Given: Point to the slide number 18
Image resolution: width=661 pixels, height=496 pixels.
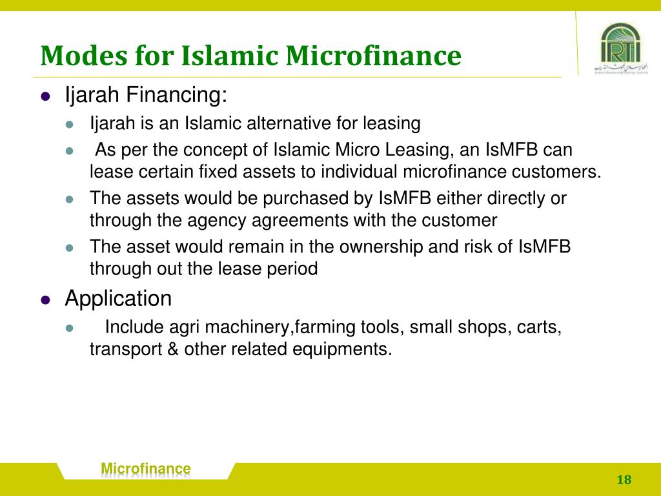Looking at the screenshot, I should (624, 479).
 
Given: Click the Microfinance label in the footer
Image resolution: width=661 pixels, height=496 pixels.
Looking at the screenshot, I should (147, 469).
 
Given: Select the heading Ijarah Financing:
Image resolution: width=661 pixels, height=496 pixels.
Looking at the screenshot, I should (147, 96).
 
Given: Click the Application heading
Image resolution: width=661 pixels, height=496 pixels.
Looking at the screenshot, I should (119, 298).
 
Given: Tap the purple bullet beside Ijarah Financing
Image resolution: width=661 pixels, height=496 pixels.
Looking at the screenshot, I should (45, 98).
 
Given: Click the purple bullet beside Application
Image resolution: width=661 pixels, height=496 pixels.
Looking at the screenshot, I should (45, 300).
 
